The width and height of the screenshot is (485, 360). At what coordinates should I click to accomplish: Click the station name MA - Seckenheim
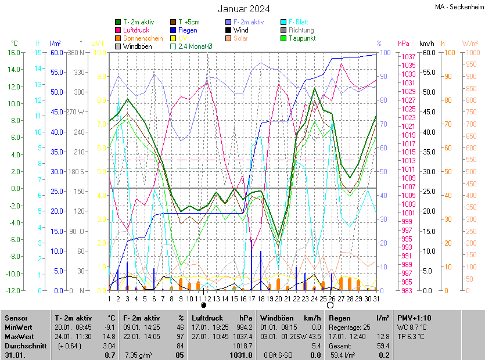point(459,7)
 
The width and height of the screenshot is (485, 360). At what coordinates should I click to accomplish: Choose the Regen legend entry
point(188,30)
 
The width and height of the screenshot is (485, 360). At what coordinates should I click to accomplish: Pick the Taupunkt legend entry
point(302,38)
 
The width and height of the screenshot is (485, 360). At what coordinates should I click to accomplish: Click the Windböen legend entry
point(137,46)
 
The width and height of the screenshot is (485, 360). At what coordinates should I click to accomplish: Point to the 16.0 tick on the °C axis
point(13,52)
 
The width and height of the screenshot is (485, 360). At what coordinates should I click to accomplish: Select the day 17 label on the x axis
point(252,298)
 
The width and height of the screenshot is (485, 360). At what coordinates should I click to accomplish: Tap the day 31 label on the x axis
point(376,298)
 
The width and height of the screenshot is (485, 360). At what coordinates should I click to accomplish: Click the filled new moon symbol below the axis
point(204,305)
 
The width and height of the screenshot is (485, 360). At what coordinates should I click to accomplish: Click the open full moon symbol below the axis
point(330,305)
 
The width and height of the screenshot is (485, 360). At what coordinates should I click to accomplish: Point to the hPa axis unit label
point(403,43)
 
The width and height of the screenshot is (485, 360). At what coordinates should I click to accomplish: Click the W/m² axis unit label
point(470,43)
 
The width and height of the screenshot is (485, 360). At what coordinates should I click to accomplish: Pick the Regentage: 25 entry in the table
point(350,327)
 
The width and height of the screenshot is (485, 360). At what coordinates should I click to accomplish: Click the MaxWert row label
point(19,336)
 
